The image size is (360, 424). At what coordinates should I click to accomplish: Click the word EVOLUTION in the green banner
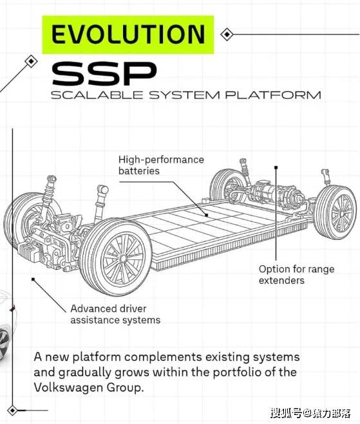[128, 34]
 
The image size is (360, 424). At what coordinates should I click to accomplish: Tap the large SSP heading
[104, 73]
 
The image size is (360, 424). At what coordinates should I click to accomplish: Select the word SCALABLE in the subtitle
[97, 95]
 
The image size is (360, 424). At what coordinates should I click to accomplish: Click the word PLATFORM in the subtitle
[273, 95]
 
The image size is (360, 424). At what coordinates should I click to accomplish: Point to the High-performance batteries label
[161, 165]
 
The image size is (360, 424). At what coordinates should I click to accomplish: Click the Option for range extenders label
[296, 275]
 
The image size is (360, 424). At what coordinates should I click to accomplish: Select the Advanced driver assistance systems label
[115, 314]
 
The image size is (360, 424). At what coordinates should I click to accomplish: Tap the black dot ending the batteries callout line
[206, 216]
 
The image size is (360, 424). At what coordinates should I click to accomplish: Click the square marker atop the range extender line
[276, 168]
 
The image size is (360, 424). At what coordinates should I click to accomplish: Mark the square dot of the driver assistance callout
[33, 279]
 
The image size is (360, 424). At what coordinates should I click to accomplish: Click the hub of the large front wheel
[124, 259]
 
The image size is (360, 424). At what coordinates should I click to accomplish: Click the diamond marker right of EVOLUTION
[227, 34]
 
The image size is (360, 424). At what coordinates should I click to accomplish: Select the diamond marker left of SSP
[31, 61]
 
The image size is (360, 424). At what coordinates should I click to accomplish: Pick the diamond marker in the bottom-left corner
[12, 410]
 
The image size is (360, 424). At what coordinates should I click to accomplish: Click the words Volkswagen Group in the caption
[88, 387]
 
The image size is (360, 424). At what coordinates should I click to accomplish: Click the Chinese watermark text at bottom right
[311, 413]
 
